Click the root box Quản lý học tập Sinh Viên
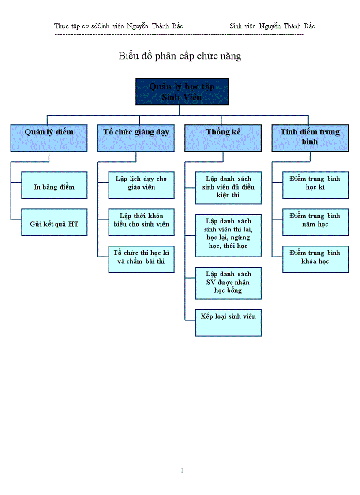[x=182, y=92]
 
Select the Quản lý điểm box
[x=49, y=138]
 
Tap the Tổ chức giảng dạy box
[x=136, y=138]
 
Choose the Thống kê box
[x=223, y=138]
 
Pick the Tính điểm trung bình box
[x=310, y=138]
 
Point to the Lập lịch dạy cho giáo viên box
[x=141, y=185]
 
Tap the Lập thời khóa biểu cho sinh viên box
[x=141, y=222]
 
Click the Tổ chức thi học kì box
[x=141, y=259]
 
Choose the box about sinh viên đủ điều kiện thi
[x=228, y=188]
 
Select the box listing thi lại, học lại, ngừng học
[x=228, y=235]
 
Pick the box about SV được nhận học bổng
[x=228, y=283]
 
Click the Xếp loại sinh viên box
[x=228, y=323]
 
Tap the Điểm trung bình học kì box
[x=315, y=185]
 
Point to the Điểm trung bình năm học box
[x=315, y=222]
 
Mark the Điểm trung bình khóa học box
[x=315, y=259]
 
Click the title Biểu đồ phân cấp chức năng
[x=180, y=56]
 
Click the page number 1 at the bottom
[x=181, y=471]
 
